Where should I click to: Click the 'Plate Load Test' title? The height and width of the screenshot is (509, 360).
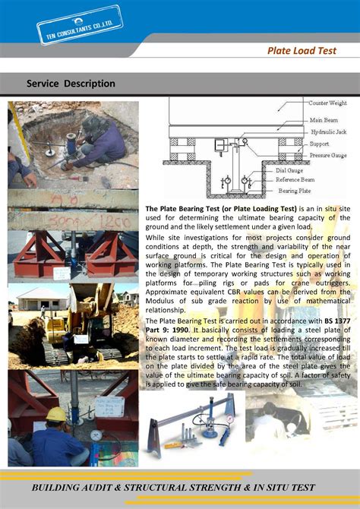[309, 51]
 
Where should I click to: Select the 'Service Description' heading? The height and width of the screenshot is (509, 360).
[71, 84]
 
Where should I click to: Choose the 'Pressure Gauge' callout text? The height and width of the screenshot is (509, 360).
[328, 155]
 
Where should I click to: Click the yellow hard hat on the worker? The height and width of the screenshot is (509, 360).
[55, 414]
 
